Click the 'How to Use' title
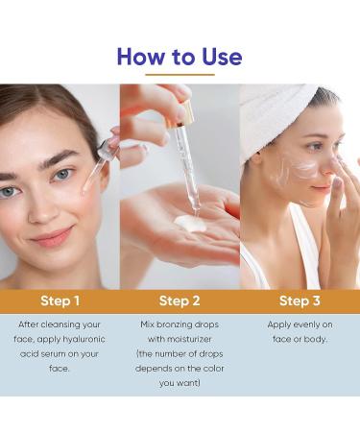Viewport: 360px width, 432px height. point(180,56)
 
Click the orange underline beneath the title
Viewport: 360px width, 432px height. point(180,75)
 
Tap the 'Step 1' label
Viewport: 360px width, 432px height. point(60,301)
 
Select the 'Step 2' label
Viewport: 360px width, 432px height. point(180,301)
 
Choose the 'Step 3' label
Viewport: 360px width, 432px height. point(300,301)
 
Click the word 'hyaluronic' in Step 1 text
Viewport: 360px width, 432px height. point(89,339)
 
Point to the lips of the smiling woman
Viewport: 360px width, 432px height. point(52,235)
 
